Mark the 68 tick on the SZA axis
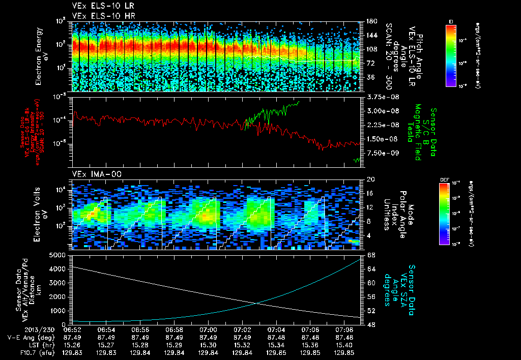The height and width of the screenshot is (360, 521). (371, 254)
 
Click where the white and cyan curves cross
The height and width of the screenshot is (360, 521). (258, 303)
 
